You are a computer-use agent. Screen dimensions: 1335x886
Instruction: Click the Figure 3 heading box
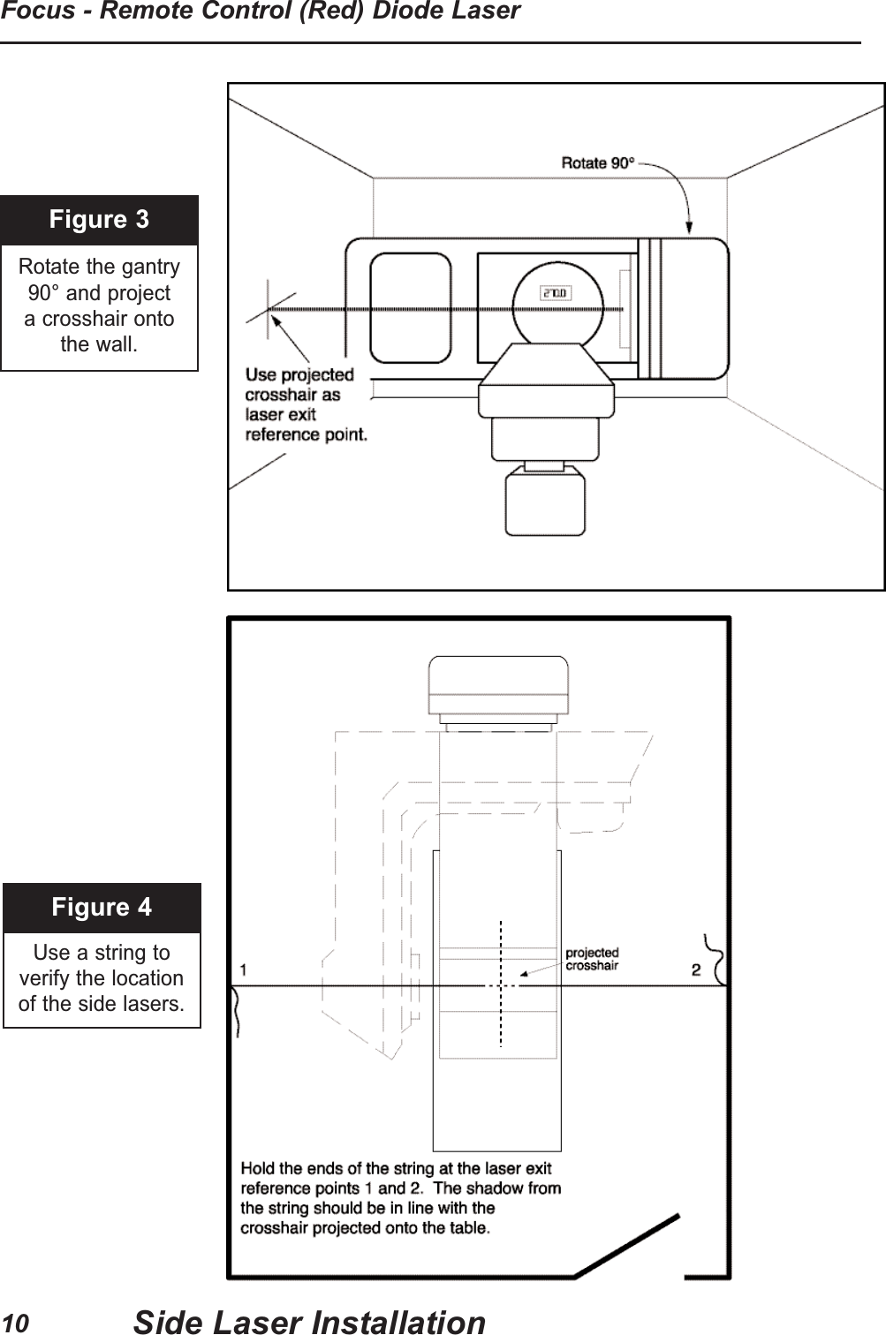tap(99, 220)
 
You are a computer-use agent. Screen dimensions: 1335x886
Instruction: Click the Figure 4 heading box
tap(102, 908)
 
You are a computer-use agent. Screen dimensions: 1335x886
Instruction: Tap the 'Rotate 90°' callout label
tap(598, 163)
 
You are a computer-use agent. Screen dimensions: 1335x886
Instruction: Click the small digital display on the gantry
tap(555, 293)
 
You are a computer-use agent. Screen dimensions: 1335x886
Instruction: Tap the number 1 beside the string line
tap(243, 969)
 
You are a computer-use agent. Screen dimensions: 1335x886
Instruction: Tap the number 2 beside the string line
tap(696, 970)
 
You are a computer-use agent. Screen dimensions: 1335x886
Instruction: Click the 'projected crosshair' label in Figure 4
tap(592, 959)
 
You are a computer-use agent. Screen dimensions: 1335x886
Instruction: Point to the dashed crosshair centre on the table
tap(501, 984)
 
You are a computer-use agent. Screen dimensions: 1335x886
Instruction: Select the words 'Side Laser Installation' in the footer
tap(309, 1322)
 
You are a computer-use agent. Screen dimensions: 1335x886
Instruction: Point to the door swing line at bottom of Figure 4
tap(628, 1246)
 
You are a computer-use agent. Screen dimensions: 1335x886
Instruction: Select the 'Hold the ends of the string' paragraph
tap(400, 1198)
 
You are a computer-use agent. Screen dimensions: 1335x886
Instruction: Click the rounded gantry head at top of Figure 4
tap(497, 686)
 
